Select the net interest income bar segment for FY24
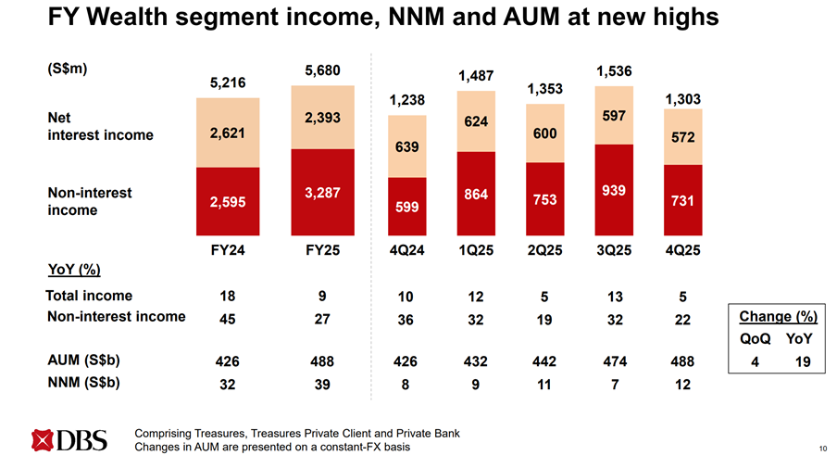pos(228,133)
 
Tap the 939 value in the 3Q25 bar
pos(613,190)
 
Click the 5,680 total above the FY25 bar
pos(322,71)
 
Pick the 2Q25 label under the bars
pos(544,249)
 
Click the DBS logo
pos(69,440)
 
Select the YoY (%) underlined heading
pos(73,270)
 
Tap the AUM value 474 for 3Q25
pos(613,360)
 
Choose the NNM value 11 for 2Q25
pos(544,383)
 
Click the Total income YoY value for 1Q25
pos(476,297)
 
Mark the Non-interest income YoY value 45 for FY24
pos(228,319)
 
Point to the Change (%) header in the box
pos(777,316)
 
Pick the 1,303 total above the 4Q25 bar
pos(682,98)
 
